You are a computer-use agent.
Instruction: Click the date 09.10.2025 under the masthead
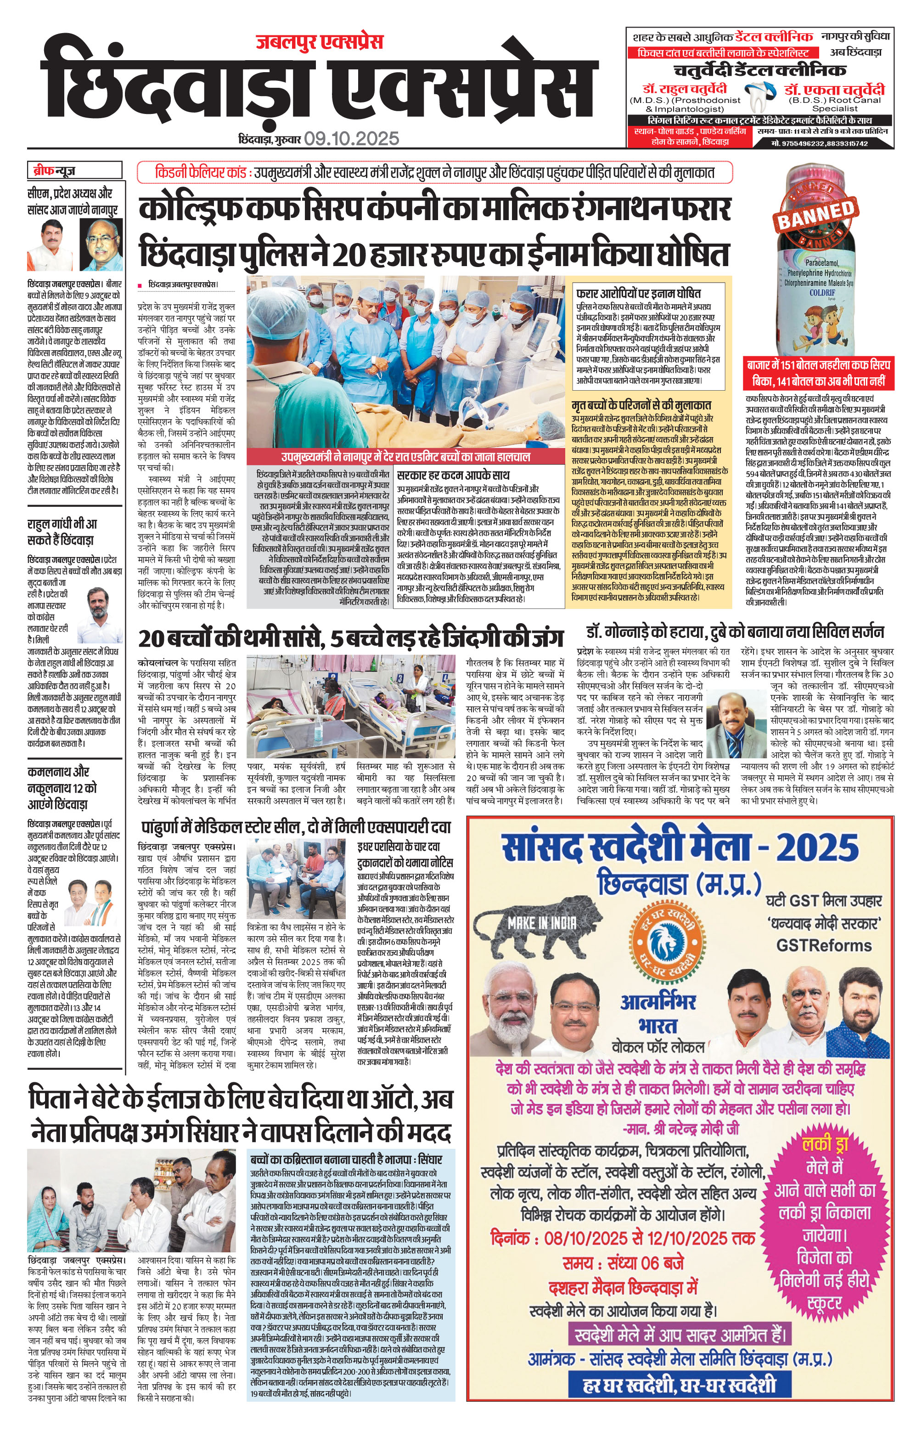click(351, 138)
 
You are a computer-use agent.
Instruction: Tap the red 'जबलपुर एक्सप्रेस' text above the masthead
click(319, 41)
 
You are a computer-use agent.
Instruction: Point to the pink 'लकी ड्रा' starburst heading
click(825, 1144)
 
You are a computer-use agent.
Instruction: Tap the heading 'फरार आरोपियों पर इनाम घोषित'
click(638, 294)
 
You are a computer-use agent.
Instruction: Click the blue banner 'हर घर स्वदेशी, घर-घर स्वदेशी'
click(680, 1397)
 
